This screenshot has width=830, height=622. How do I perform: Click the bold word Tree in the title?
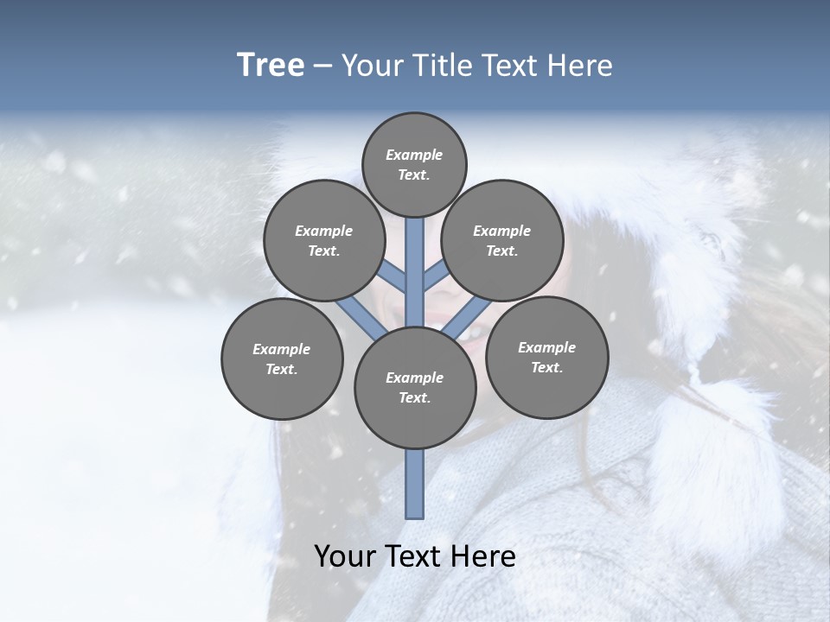(271, 65)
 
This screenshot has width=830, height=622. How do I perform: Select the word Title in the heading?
(441, 66)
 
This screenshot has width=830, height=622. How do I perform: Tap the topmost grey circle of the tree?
(414, 165)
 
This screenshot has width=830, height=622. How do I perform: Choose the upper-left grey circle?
(323, 241)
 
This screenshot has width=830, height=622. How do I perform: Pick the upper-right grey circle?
(501, 241)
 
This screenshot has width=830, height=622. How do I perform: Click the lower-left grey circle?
(281, 359)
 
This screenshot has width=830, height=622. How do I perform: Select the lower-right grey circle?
(546, 358)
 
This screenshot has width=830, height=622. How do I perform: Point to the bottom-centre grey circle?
(414, 388)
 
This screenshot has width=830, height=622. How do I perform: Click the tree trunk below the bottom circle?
(415, 484)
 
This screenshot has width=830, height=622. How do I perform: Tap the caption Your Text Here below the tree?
(414, 556)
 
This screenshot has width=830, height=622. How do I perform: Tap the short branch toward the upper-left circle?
(393, 275)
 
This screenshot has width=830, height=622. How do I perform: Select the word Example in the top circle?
(414, 155)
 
